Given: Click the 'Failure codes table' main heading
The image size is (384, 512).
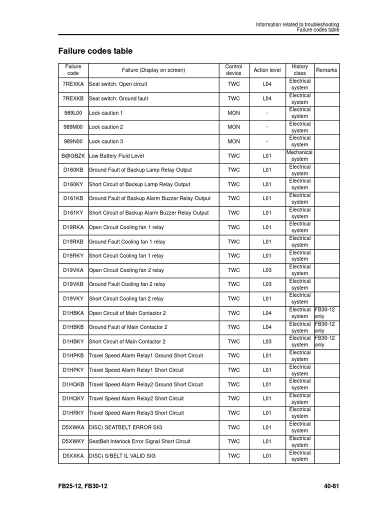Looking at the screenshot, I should [95, 51].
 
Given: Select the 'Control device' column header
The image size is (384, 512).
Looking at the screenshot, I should [233, 70].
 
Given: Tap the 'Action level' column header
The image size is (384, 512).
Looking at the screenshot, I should [267, 70].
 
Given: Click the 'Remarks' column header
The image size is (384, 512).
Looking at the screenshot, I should [326, 70].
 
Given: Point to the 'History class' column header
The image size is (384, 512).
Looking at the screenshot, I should [299, 70].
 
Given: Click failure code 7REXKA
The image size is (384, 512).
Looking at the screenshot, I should [73, 84].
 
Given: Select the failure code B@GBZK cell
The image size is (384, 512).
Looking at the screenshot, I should [73, 156].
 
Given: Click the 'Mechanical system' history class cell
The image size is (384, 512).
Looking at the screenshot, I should [299, 156].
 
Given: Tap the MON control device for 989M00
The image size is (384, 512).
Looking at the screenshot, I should [233, 127].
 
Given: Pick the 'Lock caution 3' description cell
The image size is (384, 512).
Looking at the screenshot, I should [105, 141].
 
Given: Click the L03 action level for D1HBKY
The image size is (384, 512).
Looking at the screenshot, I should [267, 341].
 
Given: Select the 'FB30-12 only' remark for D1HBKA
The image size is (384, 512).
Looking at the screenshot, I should [324, 313].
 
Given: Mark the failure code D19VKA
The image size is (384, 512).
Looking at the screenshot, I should [73, 270].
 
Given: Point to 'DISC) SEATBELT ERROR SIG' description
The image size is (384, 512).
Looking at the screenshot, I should [125, 427].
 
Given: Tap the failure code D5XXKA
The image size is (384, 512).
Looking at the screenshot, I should [73, 456].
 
